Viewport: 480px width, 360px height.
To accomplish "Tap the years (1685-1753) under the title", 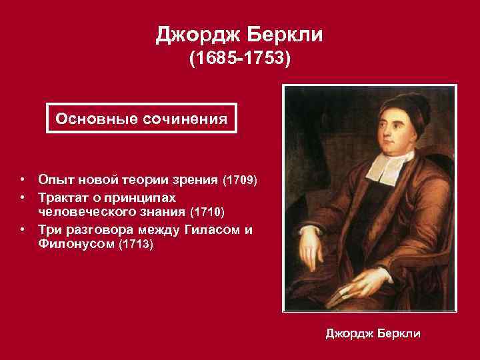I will click(240, 61).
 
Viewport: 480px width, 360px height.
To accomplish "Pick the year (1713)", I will click(135, 245).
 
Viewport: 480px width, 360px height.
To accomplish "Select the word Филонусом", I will click(75, 245).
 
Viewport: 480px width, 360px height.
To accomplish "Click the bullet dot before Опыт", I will click(23, 180).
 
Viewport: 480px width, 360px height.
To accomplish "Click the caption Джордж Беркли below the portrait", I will click(373, 333).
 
